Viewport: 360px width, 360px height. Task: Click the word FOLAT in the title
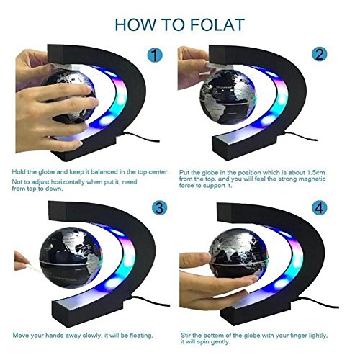(217, 24)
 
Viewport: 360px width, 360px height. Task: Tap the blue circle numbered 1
(155, 55)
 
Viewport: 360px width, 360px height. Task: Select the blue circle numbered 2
(320, 54)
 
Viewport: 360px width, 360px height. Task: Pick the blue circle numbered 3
(160, 208)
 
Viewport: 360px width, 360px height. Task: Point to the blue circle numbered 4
(320, 208)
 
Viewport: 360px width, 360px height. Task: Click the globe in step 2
(228, 97)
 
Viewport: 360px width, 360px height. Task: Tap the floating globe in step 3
(71, 258)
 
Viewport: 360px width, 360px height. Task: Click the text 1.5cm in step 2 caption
(316, 173)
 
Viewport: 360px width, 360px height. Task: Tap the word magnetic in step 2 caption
(312, 179)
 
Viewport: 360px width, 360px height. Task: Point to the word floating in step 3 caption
(141, 336)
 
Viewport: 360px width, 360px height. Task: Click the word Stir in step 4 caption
(185, 336)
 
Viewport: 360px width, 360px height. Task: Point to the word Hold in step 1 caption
(19, 172)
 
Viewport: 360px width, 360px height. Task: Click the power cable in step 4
(318, 302)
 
